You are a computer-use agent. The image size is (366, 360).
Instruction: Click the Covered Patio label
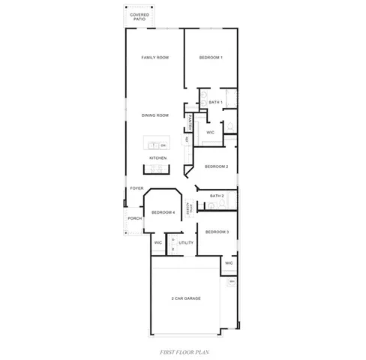[x=139, y=16]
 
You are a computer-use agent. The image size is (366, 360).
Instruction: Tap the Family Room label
[x=157, y=58]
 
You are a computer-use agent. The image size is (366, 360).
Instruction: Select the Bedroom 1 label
[x=211, y=58]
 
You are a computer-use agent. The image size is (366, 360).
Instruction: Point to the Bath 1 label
[x=215, y=101]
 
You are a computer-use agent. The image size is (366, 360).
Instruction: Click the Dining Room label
[x=156, y=115]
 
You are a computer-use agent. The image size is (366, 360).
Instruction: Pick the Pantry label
[x=192, y=119]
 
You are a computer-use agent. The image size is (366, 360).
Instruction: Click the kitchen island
[x=157, y=144]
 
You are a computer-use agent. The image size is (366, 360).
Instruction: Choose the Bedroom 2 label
[x=217, y=166]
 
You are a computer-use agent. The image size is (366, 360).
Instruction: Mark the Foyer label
[x=136, y=188]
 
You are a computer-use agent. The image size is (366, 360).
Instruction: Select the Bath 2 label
[x=217, y=196]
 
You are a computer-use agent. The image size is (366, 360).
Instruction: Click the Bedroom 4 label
[x=163, y=212]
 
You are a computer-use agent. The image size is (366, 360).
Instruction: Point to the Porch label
[x=135, y=218]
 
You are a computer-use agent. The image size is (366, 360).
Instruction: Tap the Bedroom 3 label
[x=217, y=232]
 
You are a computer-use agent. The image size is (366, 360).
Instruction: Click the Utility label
[x=187, y=243]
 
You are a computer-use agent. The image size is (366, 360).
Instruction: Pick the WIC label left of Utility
[x=158, y=243]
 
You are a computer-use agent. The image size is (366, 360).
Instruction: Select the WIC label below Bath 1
[x=211, y=132]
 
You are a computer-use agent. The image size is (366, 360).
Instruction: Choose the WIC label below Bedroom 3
[x=229, y=263]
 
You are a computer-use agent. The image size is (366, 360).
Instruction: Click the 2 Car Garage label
[x=186, y=298]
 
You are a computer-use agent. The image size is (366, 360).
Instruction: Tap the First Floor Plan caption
[x=183, y=350]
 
